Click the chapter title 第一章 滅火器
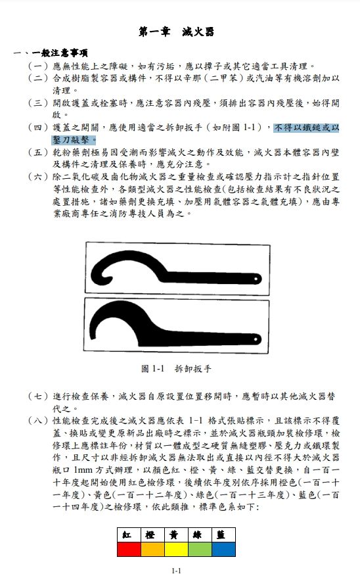176,32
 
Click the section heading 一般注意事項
58,53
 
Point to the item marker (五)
38,153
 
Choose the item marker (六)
38,177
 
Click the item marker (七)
38,396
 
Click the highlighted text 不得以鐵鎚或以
307,128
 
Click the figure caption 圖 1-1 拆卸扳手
176,369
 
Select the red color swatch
128,548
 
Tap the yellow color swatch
175,548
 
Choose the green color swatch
199,548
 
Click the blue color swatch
223,548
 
